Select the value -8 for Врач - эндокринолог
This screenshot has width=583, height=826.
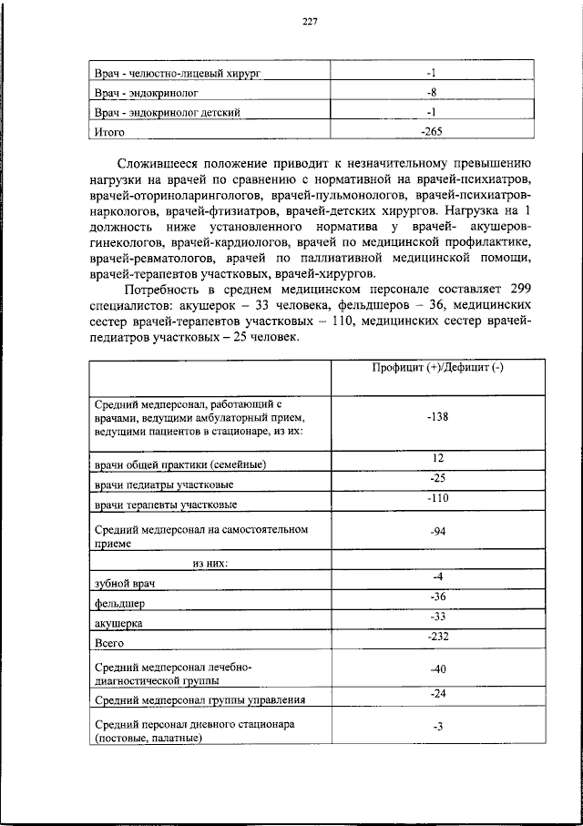pyautogui.click(x=432, y=92)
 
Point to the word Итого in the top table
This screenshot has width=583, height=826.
pyautogui.click(x=110, y=132)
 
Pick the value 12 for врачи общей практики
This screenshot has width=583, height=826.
pyautogui.click(x=436, y=457)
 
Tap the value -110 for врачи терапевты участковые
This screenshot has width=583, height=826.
pyautogui.click(x=436, y=497)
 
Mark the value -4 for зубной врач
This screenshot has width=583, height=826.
pyautogui.click(x=436, y=577)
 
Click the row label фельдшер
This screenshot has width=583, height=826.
pyautogui.click(x=119, y=603)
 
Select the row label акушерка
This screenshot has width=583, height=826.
pyautogui.click(x=118, y=624)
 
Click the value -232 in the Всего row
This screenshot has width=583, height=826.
pyautogui.click(x=436, y=637)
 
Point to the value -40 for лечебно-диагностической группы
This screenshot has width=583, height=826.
pyautogui.click(x=436, y=669)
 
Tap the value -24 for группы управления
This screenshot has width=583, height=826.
pyautogui.click(x=436, y=694)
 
